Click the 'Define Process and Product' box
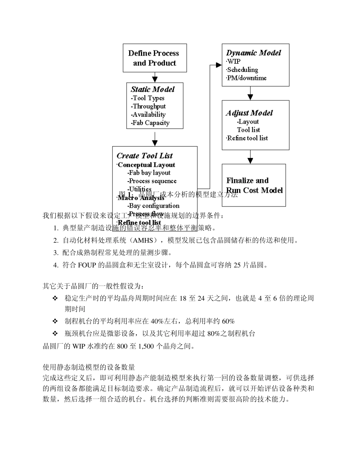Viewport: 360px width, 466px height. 155,58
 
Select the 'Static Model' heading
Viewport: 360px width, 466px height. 153,89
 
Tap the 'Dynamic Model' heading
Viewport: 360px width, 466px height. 254,53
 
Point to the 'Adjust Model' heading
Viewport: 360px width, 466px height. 249,113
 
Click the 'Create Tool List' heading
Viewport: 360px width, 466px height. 144,156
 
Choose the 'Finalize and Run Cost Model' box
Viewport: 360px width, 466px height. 254,185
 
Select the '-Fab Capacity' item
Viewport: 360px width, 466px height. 150,123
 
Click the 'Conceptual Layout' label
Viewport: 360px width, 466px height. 146,165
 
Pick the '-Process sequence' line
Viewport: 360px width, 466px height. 152,181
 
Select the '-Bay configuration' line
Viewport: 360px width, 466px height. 153,206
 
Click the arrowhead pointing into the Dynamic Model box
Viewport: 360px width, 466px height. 219,65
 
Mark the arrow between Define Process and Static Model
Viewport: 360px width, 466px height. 155,78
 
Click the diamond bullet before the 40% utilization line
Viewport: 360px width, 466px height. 55,322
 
